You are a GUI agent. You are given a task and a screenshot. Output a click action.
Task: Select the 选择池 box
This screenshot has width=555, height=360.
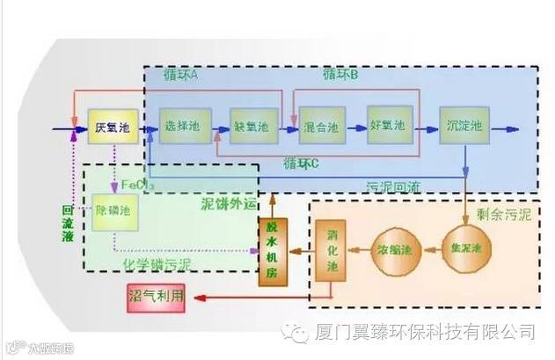click(x=181, y=129)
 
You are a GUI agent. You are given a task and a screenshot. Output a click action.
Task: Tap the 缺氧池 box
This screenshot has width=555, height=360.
click(x=254, y=129)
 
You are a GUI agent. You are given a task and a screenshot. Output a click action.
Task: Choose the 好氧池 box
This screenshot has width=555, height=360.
click(x=388, y=129)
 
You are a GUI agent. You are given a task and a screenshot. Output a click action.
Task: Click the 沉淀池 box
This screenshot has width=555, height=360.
click(x=464, y=129)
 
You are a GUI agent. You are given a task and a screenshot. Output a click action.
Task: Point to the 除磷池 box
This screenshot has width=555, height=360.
click(x=115, y=212)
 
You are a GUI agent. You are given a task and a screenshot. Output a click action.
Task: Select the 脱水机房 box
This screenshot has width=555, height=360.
click(x=272, y=249)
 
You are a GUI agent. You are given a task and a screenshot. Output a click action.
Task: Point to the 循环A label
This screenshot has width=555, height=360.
click(x=181, y=75)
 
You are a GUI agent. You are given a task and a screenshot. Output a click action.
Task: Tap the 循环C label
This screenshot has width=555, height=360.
click(x=302, y=164)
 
